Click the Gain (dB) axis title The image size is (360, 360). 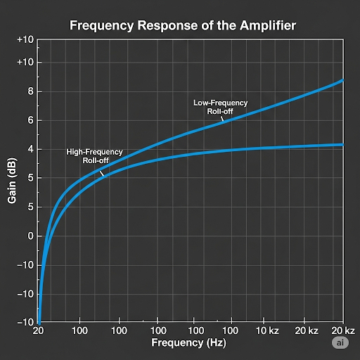tap(12, 180)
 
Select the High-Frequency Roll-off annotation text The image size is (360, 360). tap(94, 155)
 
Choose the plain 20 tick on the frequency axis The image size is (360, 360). tap(39, 330)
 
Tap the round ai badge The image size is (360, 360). tap(340, 342)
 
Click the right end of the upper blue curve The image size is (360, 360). tap(342, 81)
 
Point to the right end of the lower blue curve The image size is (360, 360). tap(342, 145)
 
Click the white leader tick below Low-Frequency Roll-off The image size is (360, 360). tap(222, 119)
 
